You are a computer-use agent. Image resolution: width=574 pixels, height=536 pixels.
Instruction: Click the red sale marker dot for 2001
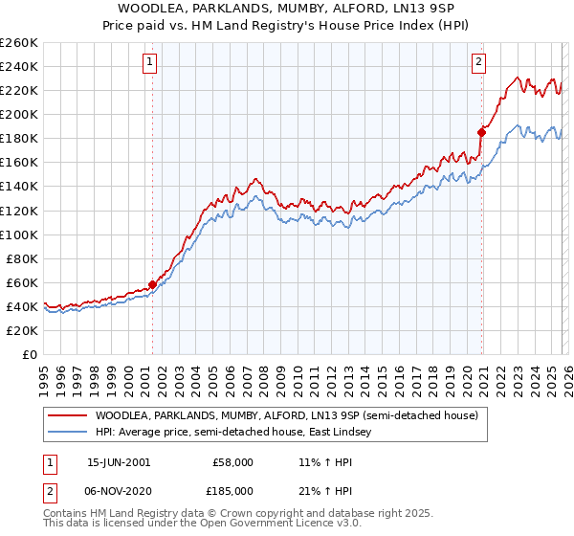pos(152,284)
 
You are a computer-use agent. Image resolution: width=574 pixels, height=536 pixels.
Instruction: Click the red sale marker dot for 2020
pos(481,132)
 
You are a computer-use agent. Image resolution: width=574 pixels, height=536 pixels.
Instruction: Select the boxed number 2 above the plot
pos(479,63)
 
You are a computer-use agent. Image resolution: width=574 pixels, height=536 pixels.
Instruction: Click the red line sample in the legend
pos(68,415)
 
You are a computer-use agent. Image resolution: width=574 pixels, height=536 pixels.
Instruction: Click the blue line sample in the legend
pos(68,433)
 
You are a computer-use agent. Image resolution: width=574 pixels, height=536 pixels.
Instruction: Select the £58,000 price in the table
pos(233,461)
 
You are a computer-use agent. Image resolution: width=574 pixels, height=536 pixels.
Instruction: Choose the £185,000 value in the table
pos(233,490)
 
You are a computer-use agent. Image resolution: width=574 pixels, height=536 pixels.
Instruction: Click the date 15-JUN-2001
pos(118,461)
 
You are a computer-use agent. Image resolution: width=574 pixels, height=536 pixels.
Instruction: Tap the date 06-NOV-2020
pos(118,490)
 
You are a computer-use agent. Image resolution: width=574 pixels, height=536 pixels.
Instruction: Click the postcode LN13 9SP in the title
pos(435,7)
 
